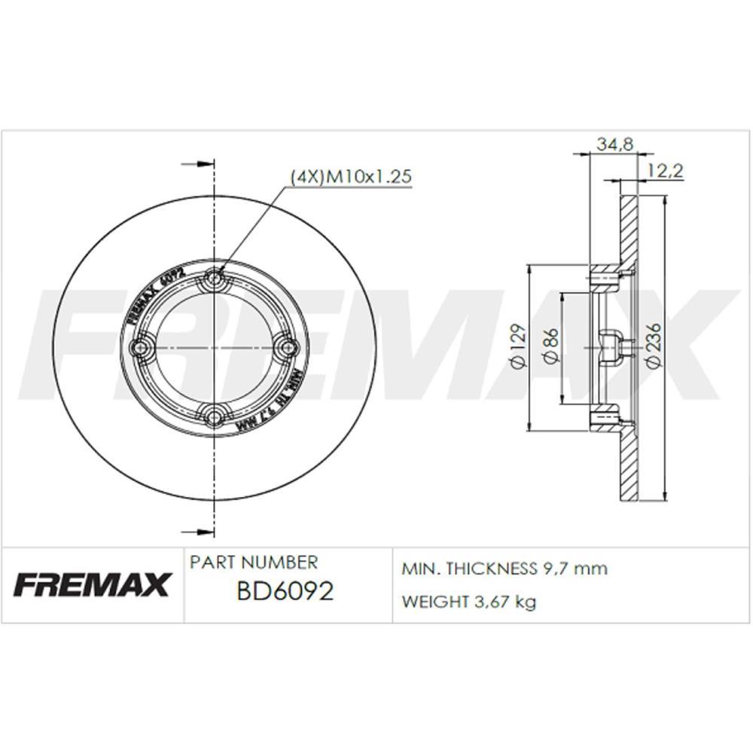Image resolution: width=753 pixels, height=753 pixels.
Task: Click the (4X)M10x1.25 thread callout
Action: (350, 176)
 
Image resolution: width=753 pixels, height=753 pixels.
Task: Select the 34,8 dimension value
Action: (614, 143)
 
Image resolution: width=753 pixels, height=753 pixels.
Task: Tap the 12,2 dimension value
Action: (665, 172)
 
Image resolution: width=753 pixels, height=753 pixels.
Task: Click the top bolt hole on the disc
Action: (215, 278)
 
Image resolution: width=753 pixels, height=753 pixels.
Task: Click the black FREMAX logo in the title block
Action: (93, 584)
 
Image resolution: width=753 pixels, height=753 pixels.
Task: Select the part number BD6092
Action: (285, 592)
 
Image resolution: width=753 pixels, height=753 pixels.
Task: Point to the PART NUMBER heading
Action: (254, 562)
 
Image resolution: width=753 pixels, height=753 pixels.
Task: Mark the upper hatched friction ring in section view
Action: (628, 230)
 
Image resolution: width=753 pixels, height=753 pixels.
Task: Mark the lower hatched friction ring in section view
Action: (628, 467)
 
